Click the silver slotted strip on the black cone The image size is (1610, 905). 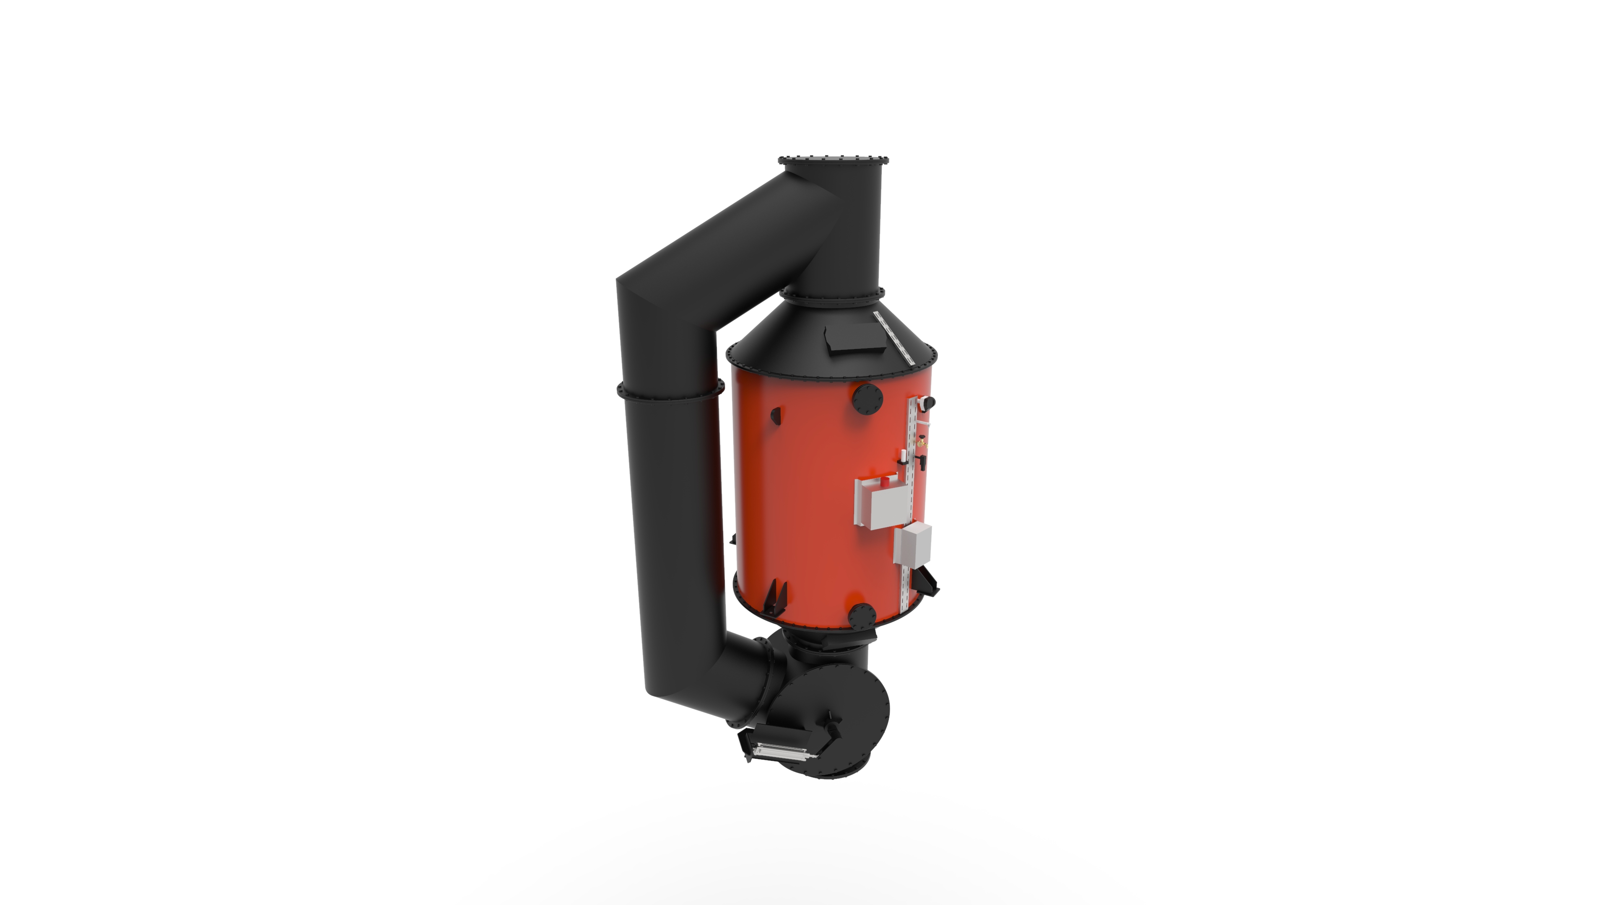click(894, 337)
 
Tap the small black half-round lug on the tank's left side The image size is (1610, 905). click(776, 415)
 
